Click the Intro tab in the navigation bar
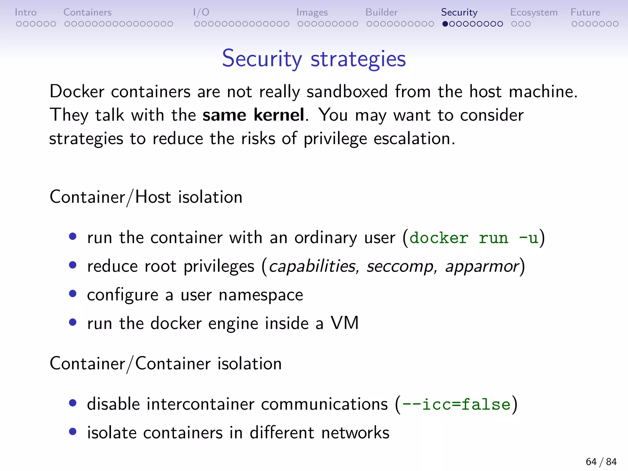26,12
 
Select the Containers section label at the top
87,12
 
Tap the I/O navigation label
201,12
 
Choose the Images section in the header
312,12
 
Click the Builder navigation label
381,12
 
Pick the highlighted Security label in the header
459,12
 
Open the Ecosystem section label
534,12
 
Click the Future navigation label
585,12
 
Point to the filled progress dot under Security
445,24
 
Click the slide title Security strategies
314,58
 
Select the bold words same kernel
253,115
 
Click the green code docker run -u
474,238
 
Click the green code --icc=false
456,404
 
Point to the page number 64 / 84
601,461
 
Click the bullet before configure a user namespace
73,294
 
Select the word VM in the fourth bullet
344,323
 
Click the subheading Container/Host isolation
146,197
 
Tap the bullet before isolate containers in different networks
73,432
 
